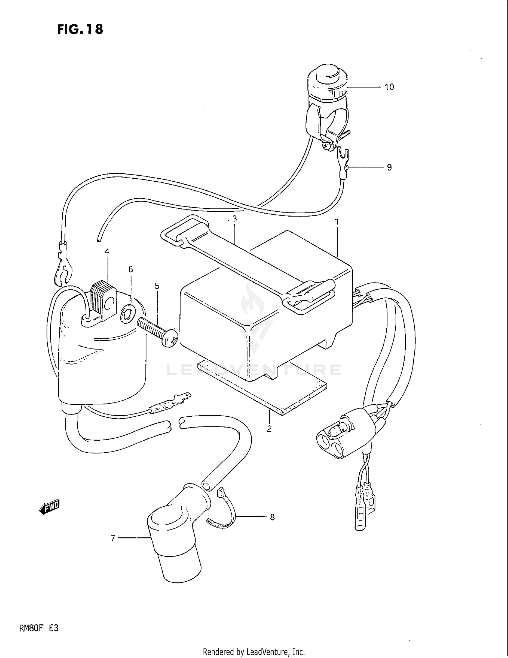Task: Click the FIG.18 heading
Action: tap(80, 29)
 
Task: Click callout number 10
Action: tap(389, 87)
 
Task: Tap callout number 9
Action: tap(389, 167)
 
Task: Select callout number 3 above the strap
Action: tap(234, 219)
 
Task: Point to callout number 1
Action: tap(337, 222)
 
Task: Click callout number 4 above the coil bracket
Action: tap(107, 252)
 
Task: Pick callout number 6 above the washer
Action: tap(131, 269)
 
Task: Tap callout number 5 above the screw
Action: tap(157, 286)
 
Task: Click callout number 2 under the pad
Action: tap(269, 429)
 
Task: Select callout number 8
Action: tap(272, 517)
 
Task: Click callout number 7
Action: tap(113, 538)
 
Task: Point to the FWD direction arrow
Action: tap(50, 507)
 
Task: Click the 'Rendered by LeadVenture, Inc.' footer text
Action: tap(254, 652)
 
